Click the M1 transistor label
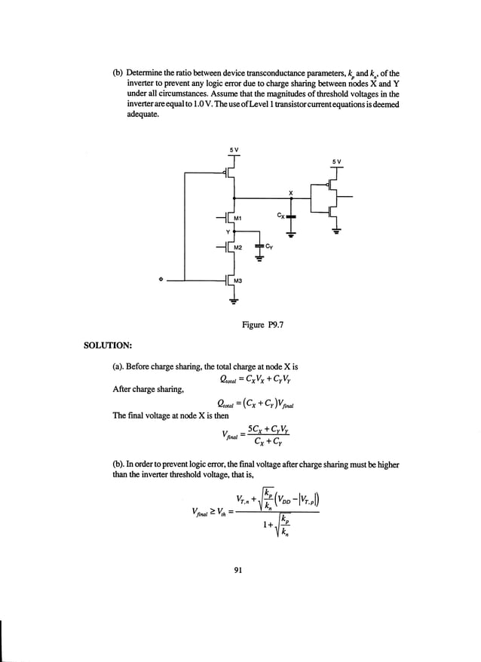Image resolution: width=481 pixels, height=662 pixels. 237,219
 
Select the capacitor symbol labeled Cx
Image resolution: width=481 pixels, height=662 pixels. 292,216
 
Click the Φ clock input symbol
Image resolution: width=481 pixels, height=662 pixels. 160,279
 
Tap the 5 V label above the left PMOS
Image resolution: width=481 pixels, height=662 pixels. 234,149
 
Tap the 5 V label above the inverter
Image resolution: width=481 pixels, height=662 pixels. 336,161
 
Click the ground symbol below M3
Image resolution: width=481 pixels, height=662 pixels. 234,299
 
